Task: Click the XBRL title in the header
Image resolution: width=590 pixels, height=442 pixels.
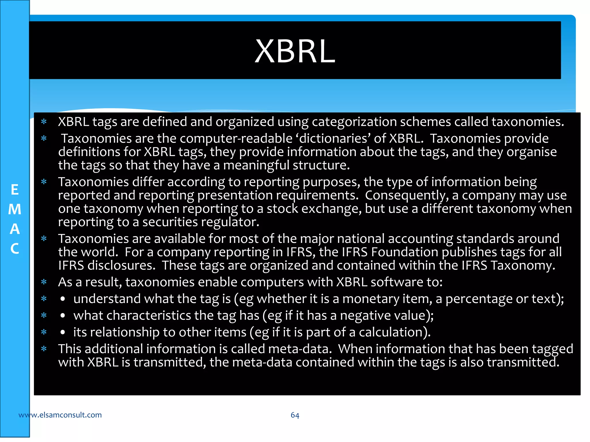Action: (x=295, y=51)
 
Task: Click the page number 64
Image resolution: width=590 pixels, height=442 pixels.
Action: (x=295, y=415)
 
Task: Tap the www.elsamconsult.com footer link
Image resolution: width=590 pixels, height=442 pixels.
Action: (x=60, y=415)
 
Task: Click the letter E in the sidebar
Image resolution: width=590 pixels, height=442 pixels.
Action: (x=15, y=190)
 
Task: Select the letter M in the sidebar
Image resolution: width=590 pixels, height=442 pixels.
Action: (x=15, y=209)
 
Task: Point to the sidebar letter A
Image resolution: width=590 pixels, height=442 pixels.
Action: (x=15, y=229)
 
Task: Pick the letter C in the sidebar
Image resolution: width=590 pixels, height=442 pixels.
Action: (x=15, y=249)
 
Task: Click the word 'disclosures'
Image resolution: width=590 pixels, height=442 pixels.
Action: (x=121, y=266)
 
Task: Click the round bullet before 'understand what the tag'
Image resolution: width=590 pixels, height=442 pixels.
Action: (x=63, y=299)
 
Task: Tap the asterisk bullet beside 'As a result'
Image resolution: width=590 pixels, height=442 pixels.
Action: (x=44, y=282)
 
